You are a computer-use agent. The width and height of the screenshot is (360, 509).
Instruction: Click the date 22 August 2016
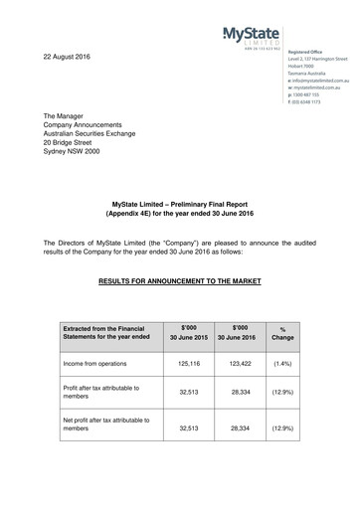(x=66, y=56)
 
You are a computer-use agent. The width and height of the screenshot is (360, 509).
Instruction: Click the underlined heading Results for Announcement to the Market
(x=180, y=281)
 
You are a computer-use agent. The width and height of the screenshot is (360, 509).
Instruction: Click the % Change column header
(x=282, y=335)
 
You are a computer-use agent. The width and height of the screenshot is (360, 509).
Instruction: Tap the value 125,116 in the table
(x=187, y=367)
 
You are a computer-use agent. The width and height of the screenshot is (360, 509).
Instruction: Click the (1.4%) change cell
(x=282, y=367)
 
